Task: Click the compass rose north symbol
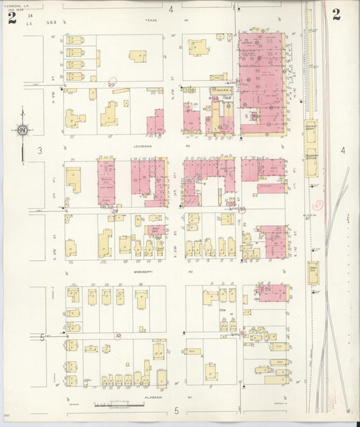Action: [22, 130]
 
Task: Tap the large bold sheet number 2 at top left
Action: [12, 17]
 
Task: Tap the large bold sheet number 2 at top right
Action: [336, 13]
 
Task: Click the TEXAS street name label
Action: [150, 20]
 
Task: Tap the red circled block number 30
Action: [242, 209]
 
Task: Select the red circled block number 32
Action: [118, 335]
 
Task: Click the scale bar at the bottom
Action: [108, 406]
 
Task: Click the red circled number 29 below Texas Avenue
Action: [111, 84]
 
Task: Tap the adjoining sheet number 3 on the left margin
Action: [40, 150]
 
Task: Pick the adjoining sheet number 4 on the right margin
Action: [342, 150]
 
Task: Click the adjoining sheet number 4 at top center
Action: [171, 9]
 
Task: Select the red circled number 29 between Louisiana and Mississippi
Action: [115, 211]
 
